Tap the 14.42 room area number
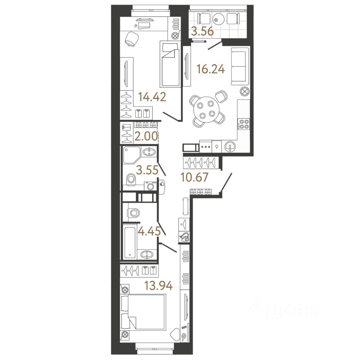click(152, 97)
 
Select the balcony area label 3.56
click(202, 32)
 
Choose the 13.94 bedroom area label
click(158, 286)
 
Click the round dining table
click(205, 109)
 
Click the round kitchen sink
click(230, 147)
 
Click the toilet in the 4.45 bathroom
click(133, 213)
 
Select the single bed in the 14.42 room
click(169, 64)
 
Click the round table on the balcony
click(218, 19)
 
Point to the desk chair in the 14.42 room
click(131, 39)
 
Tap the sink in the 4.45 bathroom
click(147, 255)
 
